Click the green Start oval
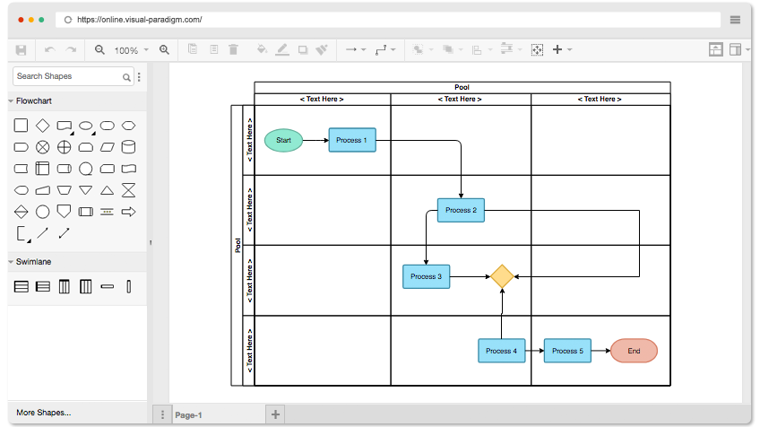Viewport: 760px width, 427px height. coord(283,140)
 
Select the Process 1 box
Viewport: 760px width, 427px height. coord(352,140)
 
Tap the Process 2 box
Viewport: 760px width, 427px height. coord(461,210)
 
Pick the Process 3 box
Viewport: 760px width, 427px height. coord(426,276)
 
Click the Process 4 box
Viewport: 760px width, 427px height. coord(501,351)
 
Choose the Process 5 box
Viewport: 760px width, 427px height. coord(567,351)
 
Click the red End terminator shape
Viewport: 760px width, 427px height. coord(634,351)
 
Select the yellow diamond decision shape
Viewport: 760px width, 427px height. coord(502,276)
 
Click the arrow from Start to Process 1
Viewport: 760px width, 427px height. coord(315,140)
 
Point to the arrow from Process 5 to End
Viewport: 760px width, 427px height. coord(601,351)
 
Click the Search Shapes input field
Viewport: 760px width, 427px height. coord(68,76)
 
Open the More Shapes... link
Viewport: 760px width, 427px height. coord(44,413)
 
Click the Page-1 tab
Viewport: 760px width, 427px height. coord(188,414)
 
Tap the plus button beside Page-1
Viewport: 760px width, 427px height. coord(275,414)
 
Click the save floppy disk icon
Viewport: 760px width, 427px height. coord(21,50)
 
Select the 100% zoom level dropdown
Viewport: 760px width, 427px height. coord(131,50)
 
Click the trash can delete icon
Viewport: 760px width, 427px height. coord(233,49)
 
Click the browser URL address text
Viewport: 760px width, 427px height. coord(140,20)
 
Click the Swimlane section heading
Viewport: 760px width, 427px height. coord(33,262)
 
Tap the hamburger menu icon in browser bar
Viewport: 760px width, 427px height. coord(735,20)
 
